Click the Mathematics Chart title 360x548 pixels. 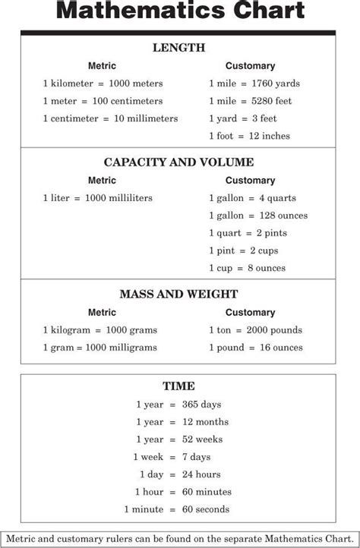click(180, 12)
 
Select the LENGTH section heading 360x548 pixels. click(178, 48)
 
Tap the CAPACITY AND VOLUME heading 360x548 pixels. click(178, 162)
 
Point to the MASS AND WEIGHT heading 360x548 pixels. click(178, 294)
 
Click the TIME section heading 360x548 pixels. click(178, 386)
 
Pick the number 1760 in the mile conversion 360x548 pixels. click(258, 83)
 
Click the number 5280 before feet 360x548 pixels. click(258, 101)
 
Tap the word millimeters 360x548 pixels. click(153, 118)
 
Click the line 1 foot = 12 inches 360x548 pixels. click(249, 136)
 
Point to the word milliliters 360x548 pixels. click(126, 198)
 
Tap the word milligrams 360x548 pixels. click(131, 348)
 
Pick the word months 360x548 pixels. click(212, 422)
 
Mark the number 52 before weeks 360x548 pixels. click(187, 439)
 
